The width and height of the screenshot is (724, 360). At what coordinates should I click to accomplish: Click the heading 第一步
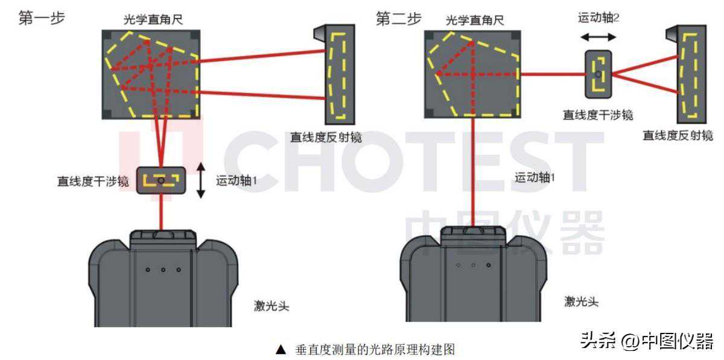[x=42, y=17]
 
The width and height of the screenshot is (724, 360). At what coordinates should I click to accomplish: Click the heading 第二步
[x=399, y=19]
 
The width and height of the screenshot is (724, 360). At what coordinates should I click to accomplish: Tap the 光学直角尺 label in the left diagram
[x=153, y=20]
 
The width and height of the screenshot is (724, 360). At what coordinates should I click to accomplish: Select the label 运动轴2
[x=599, y=17]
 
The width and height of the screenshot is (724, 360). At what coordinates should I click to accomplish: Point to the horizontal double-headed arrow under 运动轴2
[x=599, y=37]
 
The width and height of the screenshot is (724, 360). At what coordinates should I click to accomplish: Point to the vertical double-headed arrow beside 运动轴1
[x=201, y=180]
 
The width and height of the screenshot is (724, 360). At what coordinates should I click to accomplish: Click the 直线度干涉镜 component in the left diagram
[x=161, y=180]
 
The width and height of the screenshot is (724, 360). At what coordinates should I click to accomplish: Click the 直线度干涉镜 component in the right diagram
[x=599, y=74]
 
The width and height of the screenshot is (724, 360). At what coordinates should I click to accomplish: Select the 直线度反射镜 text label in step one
[x=326, y=137]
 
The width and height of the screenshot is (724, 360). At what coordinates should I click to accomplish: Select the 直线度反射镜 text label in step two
[x=678, y=135]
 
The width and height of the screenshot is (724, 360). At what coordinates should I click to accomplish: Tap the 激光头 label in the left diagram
[x=271, y=306]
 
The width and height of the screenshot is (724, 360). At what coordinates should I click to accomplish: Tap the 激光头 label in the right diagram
[x=582, y=302]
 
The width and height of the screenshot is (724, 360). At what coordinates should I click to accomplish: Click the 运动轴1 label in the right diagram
[x=535, y=177]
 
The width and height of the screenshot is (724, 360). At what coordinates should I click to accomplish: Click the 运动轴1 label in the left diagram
[x=237, y=180]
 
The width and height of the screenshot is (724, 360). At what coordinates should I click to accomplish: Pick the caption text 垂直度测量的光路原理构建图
[x=375, y=350]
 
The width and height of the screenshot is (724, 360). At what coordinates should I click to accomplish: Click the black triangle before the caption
[x=281, y=350]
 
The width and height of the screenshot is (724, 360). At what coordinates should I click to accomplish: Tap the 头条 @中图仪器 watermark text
[x=647, y=341]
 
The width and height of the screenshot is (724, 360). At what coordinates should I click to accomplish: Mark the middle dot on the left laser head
[x=164, y=270]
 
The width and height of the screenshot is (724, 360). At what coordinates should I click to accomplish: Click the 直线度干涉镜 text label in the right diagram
[x=598, y=115]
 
